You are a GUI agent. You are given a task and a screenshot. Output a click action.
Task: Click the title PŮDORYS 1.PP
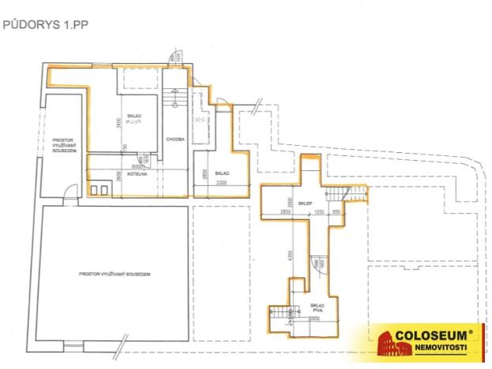pos(46,25)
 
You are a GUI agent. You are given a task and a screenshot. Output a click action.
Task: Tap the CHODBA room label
pos(175,140)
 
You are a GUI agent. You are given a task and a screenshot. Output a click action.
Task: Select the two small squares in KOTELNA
pos(99,190)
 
